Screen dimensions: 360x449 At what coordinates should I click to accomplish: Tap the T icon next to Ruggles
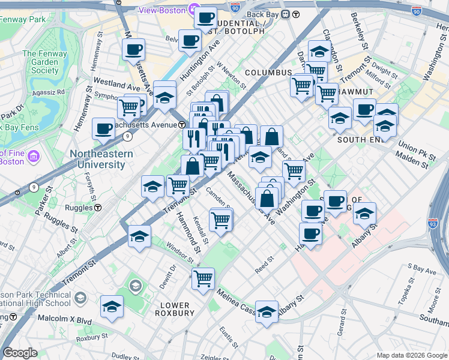pos(97,208)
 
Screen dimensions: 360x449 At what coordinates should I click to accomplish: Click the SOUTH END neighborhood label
pos(360,139)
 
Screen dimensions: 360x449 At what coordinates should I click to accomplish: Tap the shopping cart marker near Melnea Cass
pos(203,278)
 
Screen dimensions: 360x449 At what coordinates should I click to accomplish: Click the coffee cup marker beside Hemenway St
pos(104,128)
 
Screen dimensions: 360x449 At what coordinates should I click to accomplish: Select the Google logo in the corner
pos(20,353)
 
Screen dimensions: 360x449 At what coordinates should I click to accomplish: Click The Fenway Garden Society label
pos(41,62)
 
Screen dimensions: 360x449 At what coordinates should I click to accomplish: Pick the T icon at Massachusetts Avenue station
pos(181,124)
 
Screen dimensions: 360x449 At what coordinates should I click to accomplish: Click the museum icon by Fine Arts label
pos(33,157)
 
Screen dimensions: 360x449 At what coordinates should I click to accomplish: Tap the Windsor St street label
pos(180,254)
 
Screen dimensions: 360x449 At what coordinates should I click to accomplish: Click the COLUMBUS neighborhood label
pos(268,73)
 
